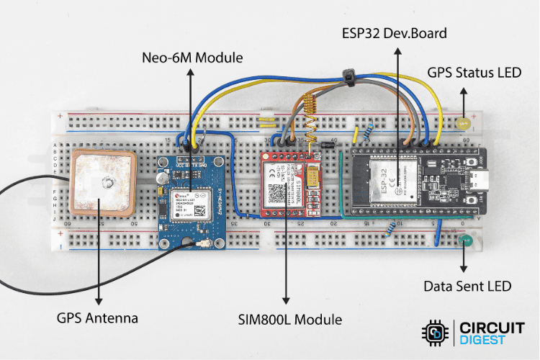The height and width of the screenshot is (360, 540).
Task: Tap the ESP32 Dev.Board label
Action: (x=394, y=33)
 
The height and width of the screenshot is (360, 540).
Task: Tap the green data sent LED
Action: (x=462, y=243)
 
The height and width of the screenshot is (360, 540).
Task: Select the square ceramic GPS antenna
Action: (x=103, y=184)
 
